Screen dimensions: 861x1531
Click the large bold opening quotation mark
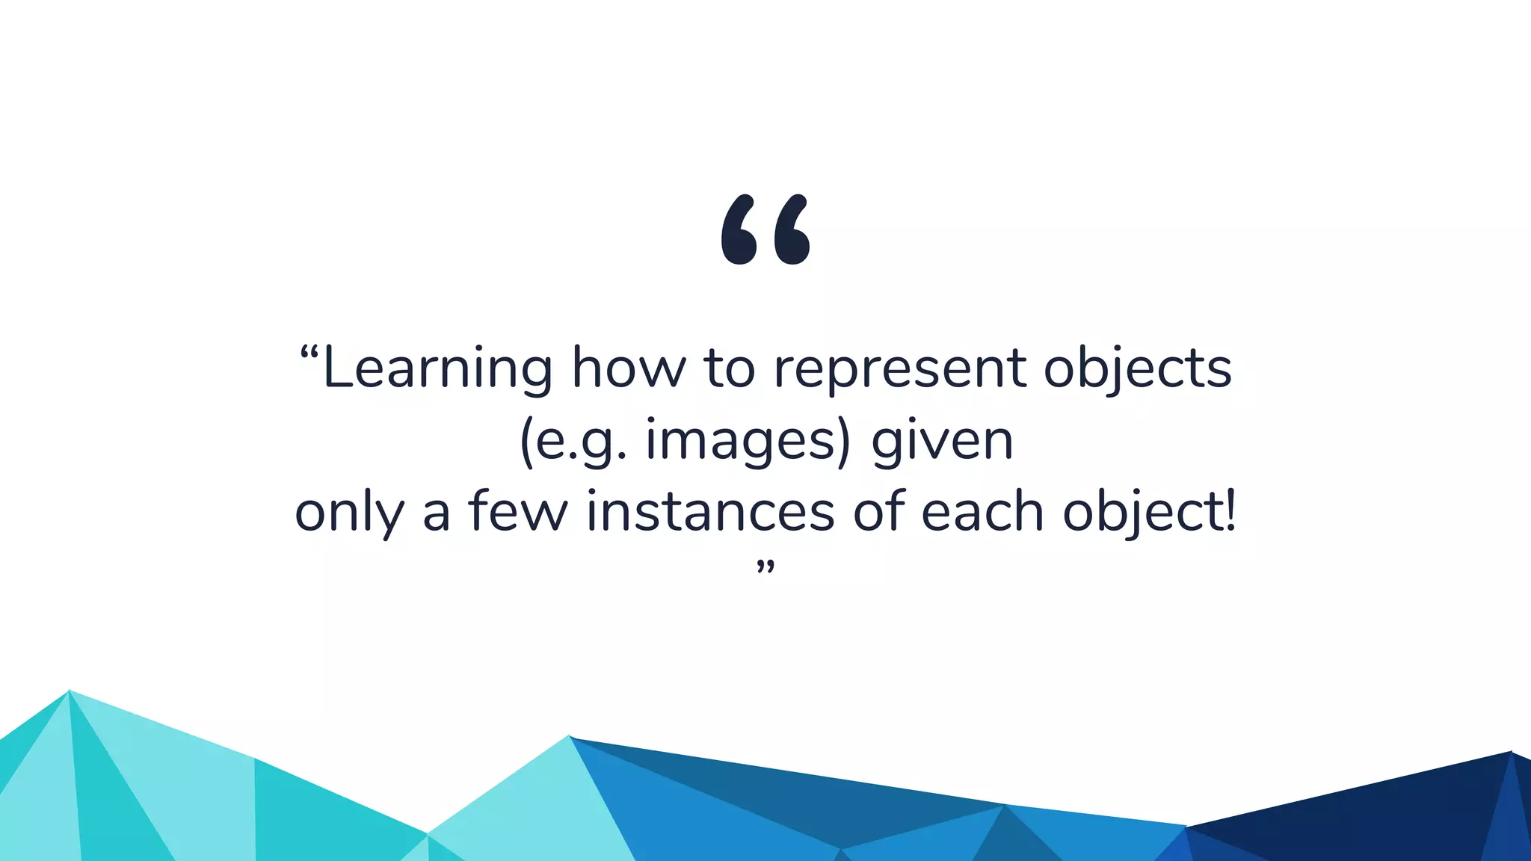pyautogui.click(x=765, y=229)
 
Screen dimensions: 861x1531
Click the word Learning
pyautogui.click(x=437, y=368)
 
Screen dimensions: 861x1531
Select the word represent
pyautogui.click(x=899, y=368)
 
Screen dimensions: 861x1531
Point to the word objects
pyautogui.click(x=1137, y=368)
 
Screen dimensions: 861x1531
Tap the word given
pyautogui.click(x=942, y=441)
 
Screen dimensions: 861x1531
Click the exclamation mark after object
pyautogui.click(x=1230, y=510)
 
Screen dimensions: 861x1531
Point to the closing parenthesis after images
pyautogui.click(x=844, y=441)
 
